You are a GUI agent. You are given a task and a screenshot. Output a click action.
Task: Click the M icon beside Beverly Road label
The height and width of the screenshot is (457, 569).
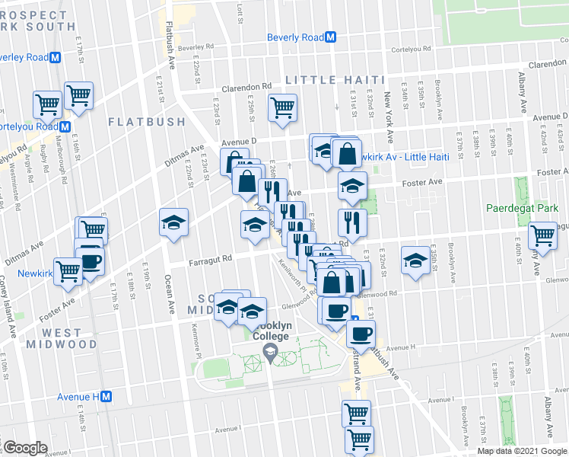click(331, 37)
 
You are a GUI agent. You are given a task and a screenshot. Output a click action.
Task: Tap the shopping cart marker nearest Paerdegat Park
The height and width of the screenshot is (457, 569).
click(543, 235)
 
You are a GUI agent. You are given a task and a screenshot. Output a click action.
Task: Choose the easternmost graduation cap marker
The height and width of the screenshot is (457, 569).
click(414, 260)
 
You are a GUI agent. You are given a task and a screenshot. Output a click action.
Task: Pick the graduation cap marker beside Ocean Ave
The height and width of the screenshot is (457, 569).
click(173, 222)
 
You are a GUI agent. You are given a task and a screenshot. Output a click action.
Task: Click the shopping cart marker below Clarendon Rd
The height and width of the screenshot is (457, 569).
click(282, 107)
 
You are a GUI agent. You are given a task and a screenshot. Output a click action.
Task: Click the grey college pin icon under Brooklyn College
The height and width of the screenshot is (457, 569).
click(269, 350)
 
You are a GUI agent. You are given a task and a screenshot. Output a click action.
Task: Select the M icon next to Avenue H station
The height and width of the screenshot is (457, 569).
click(107, 397)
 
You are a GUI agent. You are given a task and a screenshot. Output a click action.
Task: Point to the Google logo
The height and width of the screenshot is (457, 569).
click(24, 448)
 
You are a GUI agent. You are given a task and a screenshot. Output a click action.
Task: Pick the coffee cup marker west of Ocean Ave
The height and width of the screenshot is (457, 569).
click(91, 261)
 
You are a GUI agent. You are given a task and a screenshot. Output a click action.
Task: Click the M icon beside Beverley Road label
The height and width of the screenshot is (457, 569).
click(55, 57)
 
